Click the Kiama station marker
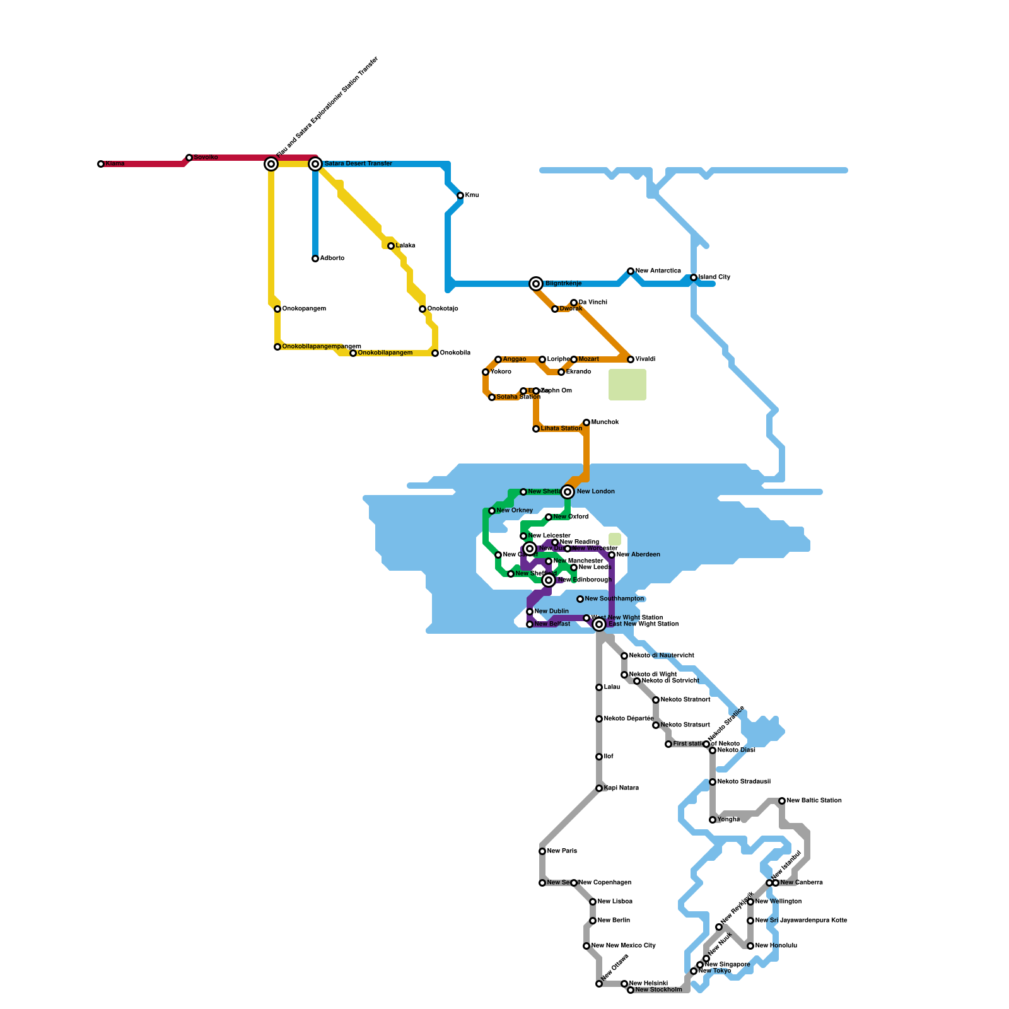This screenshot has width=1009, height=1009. point(101,164)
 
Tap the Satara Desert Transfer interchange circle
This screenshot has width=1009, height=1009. point(315,164)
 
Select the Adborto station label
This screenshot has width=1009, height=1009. point(332,259)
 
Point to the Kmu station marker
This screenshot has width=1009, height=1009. point(460,195)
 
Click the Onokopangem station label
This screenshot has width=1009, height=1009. point(304,309)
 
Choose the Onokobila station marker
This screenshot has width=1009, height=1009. point(435,353)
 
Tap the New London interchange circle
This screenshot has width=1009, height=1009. point(568,492)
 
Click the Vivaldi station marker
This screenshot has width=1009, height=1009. point(631,359)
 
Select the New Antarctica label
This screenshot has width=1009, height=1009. point(658,271)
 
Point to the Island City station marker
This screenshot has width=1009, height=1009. point(694,277)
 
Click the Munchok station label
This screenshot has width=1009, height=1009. point(605,423)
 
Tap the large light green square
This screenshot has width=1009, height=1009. point(627,385)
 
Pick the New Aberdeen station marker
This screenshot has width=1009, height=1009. point(612,555)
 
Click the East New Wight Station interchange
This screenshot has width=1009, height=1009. point(599,624)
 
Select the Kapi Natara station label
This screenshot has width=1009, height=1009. point(621,788)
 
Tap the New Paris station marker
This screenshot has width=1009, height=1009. point(542,851)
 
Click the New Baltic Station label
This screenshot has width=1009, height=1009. point(814,801)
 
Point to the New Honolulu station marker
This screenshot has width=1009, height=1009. point(750,946)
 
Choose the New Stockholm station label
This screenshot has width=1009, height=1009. point(658,990)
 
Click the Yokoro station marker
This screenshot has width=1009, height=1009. point(486,372)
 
